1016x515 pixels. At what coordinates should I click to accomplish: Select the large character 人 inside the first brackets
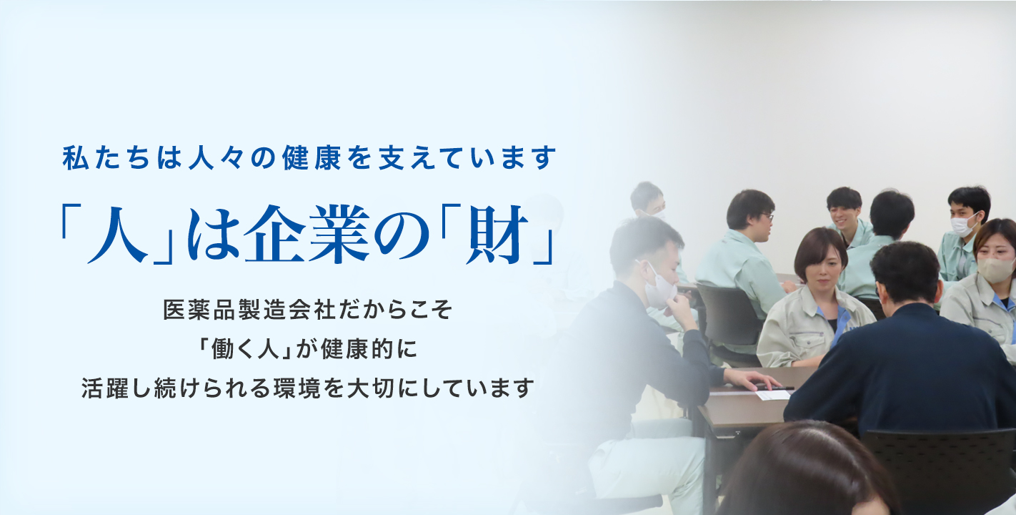coord(118,235)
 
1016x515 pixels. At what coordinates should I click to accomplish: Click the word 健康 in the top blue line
coord(312,157)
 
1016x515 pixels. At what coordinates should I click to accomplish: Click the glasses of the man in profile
coord(767,217)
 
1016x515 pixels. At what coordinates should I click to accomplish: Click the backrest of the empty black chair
coord(727,309)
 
